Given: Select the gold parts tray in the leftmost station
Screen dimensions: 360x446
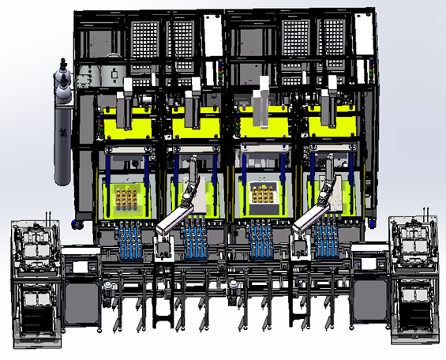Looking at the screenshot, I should pyautogui.click(x=125, y=197).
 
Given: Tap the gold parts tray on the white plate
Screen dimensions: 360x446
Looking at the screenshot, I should pyautogui.click(x=263, y=193).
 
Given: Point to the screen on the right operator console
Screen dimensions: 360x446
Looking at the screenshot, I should pyautogui.click(x=370, y=264).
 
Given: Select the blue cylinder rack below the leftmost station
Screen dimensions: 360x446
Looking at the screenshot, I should pyautogui.click(x=131, y=241).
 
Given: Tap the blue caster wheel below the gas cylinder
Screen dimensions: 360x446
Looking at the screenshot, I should pyautogui.click(x=77, y=226).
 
